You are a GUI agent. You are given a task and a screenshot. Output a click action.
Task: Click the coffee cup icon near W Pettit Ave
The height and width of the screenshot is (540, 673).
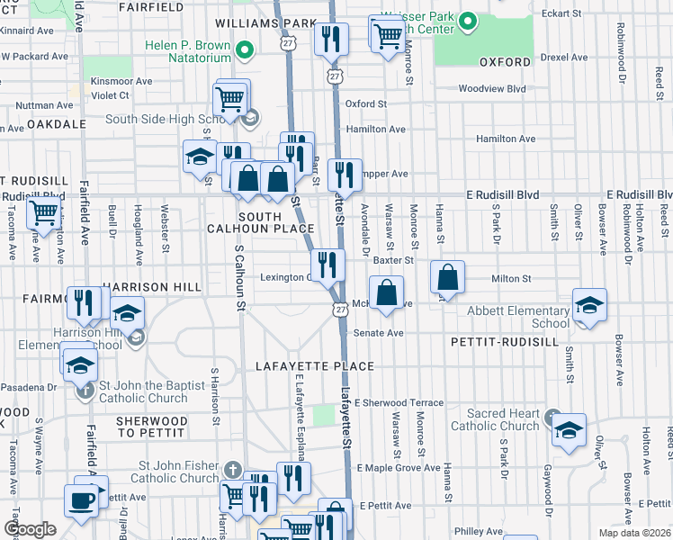[x=81, y=499]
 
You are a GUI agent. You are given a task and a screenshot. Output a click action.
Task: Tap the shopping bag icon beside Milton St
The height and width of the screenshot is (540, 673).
[x=447, y=276]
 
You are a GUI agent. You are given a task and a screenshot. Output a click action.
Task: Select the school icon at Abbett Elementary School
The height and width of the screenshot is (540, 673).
[x=589, y=305]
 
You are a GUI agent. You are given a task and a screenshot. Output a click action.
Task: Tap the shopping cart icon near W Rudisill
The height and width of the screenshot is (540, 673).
[x=42, y=212]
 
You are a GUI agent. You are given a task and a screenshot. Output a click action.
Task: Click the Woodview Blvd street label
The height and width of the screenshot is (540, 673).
[x=491, y=88]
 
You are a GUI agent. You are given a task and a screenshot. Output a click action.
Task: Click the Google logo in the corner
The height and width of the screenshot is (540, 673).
[x=30, y=529]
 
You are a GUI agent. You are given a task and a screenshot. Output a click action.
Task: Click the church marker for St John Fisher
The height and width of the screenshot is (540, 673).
[x=232, y=471]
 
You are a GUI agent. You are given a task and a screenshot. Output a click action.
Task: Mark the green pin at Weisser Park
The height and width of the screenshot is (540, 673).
[x=466, y=20]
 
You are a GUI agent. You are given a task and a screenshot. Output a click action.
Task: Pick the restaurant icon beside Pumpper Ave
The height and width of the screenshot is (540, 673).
[x=344, y=173]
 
